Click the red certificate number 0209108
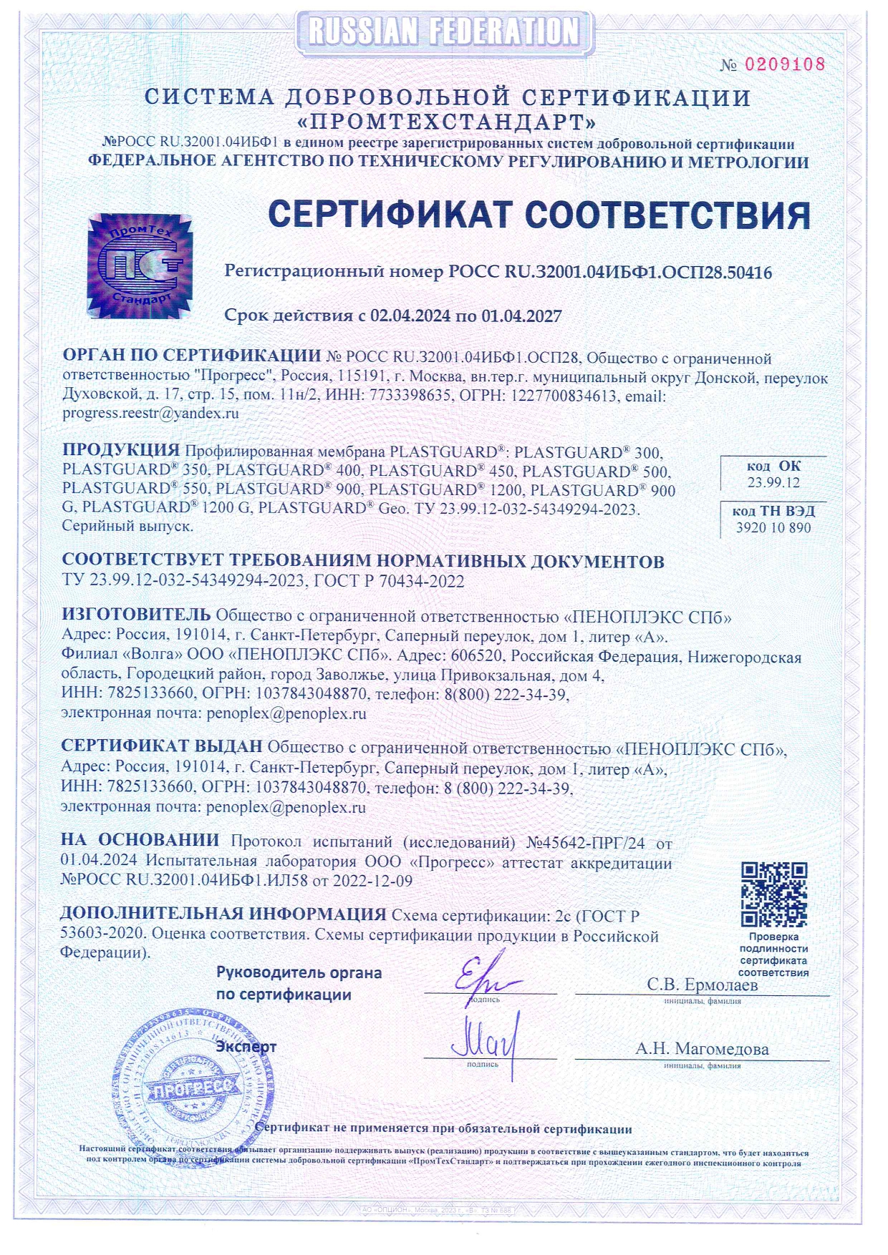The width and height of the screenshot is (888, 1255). [x=785, y=64]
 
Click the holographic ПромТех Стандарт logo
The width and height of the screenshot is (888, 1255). [x=140, y=265]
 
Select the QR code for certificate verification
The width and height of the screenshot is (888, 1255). [x=774, y=894]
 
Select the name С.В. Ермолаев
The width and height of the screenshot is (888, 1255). [x=702, y=985]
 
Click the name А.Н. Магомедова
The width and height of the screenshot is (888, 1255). [x=702, y=1049]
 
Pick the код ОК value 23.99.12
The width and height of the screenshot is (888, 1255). [x=773, y=482]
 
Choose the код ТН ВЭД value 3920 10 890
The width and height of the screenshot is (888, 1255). [x=773, y=527]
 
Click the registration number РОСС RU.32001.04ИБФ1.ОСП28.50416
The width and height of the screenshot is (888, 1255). [x=609, y=272]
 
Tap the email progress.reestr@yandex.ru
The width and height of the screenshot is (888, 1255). [x=150, y=413]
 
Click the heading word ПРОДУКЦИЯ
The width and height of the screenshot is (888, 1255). [x=120, y=450]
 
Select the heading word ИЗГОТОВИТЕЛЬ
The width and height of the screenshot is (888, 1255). [x=136, y=614]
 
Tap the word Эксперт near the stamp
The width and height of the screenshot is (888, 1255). [x=246, y=1047]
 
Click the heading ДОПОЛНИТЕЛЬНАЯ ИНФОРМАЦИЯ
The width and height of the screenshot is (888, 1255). [x=223, y=914]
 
